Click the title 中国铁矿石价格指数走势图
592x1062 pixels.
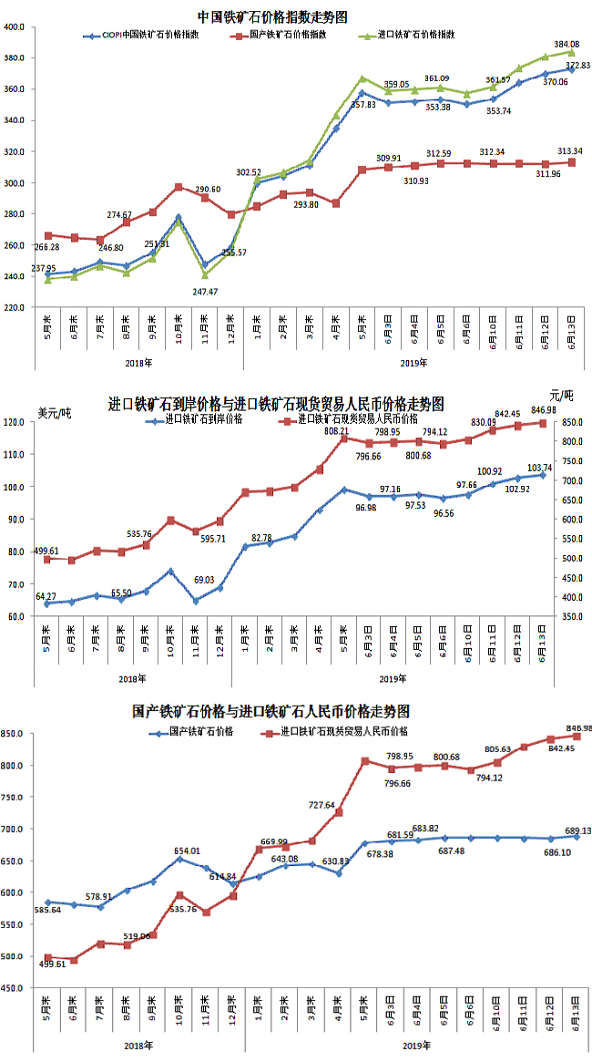tap(272, 16)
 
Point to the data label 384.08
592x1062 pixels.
tap(566, 44)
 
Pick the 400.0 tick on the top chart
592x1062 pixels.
tap(13, 27)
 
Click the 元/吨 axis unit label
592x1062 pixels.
tap(564, 394)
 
